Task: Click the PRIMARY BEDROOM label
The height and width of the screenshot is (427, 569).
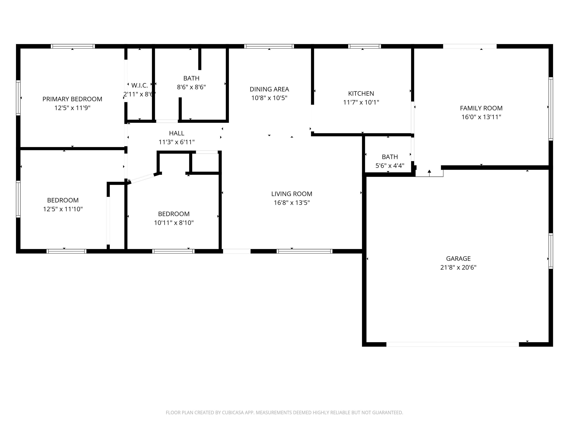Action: [x=72, y=99]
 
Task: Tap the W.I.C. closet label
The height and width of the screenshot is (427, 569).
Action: [x=139, y=85]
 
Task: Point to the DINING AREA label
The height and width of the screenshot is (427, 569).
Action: [x=269, y=89]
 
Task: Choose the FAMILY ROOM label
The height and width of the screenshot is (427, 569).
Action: [x=481, y=108]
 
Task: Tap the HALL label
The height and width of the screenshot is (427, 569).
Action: [x=177, y=133]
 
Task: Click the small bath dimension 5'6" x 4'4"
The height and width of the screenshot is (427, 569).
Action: [x=390, y=166]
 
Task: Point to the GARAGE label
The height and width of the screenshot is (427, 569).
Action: [x=458, y=258]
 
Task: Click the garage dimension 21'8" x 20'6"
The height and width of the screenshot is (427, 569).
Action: [x=458, y=267]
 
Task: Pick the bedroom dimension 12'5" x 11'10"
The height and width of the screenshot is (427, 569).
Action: [x=63, y=209]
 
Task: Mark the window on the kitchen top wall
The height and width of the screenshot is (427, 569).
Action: [x=364, y=46]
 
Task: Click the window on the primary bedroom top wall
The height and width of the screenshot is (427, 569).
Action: [x=73, y=46]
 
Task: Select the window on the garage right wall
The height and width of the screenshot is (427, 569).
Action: [x=550, y=251]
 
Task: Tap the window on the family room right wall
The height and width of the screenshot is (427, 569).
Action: [x=550, y=109]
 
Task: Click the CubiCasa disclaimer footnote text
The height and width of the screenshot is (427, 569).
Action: [x=284, y=413]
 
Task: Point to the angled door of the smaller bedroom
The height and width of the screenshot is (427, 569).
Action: [x=142, y=178]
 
